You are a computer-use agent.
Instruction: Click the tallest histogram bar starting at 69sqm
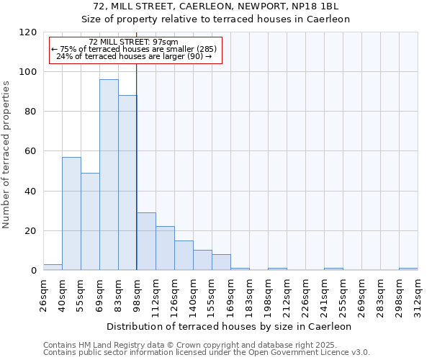[109, 175]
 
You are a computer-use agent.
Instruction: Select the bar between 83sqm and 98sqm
[127, 183]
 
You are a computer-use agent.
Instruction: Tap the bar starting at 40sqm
[71, 213]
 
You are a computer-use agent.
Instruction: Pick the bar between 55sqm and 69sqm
[90, 221]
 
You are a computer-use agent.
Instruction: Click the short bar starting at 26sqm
[53, 267]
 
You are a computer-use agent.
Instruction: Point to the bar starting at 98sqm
[146, 241]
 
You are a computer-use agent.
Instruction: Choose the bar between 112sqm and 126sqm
[165, 248]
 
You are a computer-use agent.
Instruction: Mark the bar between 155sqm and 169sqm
[221, 262]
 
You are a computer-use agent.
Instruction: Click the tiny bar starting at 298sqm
[408, 269]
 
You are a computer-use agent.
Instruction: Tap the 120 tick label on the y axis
[27, 32]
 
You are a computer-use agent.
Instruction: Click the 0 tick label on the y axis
[33, 271]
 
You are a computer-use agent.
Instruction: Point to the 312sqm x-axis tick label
[418, 295]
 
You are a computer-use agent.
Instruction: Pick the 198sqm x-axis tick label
[268, 295]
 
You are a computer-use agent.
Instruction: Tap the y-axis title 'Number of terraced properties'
[6, 154]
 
